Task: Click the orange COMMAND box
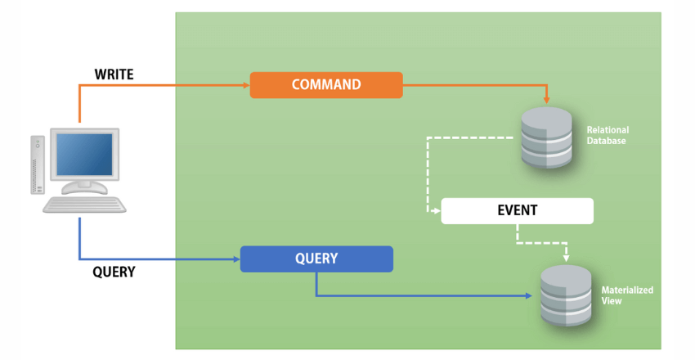(325, 85)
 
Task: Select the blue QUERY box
(316, 259)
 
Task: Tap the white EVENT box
(517, 211)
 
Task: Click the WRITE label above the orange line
(114, 74)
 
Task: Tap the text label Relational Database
(608, 135)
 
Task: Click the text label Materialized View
(626, 295)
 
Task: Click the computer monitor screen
(84, 155)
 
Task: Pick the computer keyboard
(85, 205)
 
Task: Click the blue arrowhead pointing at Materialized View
(534, 295)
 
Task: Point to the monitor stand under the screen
(84, 187)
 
